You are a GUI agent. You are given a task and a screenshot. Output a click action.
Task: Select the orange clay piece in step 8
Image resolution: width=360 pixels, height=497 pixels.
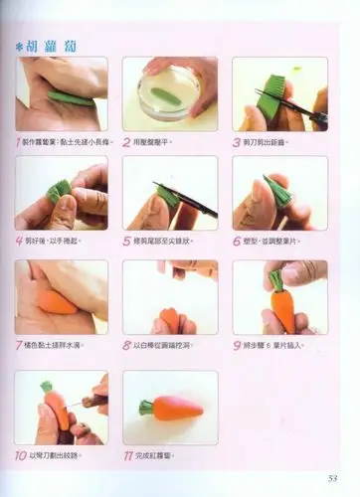169,319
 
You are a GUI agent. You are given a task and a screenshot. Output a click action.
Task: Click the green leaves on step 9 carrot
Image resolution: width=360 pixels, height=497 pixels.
277,279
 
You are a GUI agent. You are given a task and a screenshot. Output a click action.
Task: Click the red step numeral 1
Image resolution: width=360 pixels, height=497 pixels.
21,142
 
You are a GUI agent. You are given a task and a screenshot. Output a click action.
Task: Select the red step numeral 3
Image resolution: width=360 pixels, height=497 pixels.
237,142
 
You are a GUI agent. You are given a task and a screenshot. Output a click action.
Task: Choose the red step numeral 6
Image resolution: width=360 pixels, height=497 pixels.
237,240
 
